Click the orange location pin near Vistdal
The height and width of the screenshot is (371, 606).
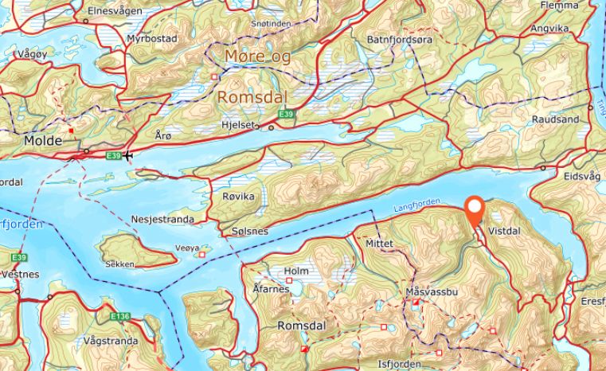click(475, 209)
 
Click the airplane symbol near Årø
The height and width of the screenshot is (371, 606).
click(128, 154)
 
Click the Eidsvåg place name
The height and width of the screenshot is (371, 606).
click(581, 178)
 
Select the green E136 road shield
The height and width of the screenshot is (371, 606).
click(120, 317)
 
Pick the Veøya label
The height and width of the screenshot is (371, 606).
click(186, 248)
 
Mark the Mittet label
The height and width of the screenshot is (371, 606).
click(380, 245)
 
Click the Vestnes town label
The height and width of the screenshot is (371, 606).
click(22, 273)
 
